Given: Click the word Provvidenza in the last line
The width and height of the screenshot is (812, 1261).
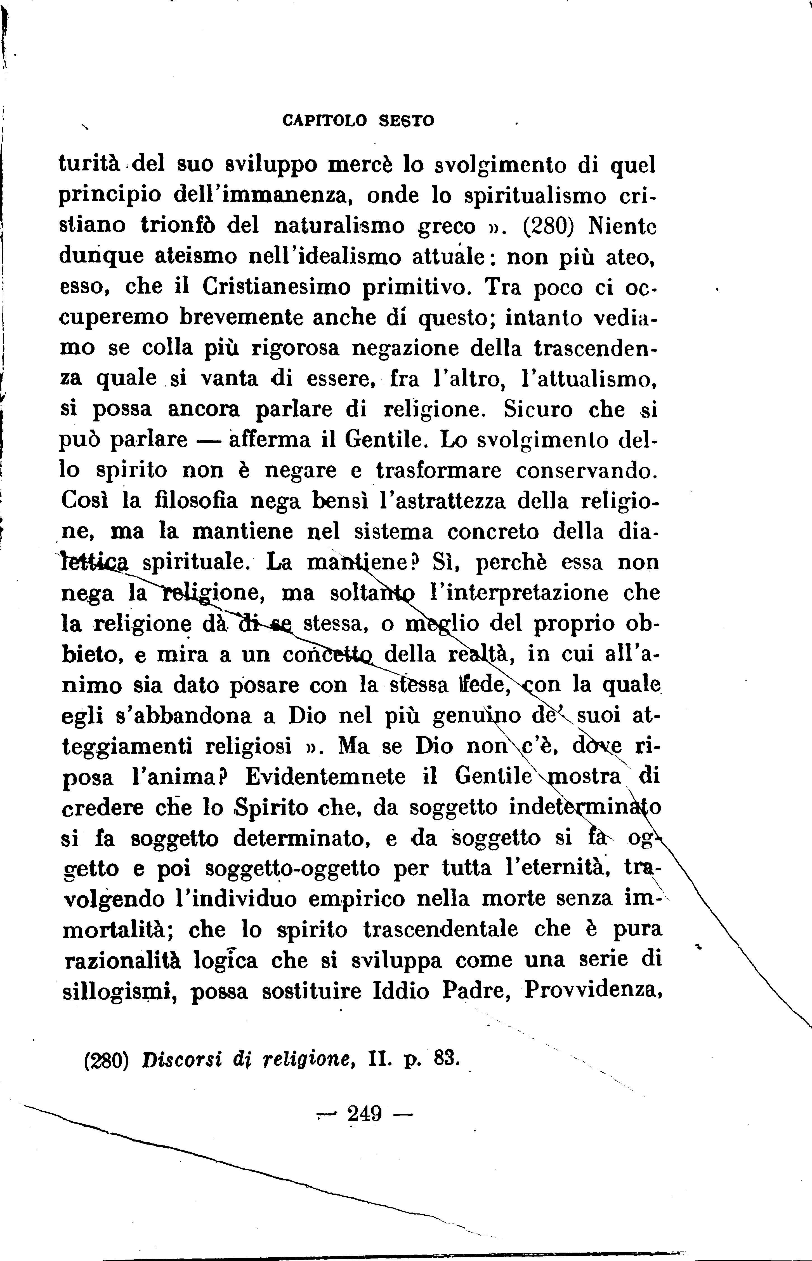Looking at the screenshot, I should [593, 991].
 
